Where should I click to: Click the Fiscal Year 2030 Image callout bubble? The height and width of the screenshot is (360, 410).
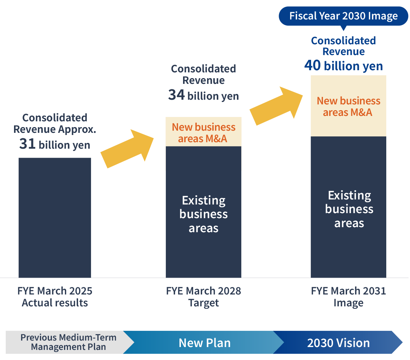pyautogui.click(x=343, y=16)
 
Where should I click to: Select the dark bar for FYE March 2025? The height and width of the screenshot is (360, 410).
pyautogui.click(x=55, y=217)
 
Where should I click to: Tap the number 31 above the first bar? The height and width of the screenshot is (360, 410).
pyautogui.click(x=27, y=144)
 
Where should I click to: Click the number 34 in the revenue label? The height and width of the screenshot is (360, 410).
pyautogui.click(x=176, y=95)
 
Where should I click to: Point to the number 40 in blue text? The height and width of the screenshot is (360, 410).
pyautogui.click(x=313, y=65)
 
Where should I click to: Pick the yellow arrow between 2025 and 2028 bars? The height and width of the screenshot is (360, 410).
pyautogui.click(x=127, y=148)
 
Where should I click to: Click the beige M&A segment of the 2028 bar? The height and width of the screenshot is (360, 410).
pyautogui.click(x=204, y=132)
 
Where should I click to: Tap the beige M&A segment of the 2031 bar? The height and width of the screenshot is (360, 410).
pyautogui.click(x=348, y=106)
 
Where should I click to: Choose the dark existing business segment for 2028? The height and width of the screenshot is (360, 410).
pyautogui.click(x=204, y=212)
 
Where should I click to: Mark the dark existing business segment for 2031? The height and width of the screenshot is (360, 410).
pyautogui.click(x=348, y=207)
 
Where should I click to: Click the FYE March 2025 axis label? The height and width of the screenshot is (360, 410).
pyautogui.click(x=55, y=291)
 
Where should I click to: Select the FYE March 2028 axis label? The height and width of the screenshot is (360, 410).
pyautogui.click(x=204, y=291)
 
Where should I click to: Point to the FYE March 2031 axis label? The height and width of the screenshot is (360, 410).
pyautogui.click(x=348, y=291)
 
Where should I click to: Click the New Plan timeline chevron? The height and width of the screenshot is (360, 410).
pyautogui.click(x=204, y=342)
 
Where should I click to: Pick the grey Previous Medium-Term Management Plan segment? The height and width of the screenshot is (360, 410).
pyautogui.click(x=68, y=342)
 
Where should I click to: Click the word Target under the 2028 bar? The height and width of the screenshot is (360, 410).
pyautogui.click(x=204, y=303)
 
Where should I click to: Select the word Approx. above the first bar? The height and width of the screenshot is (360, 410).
pyautogui.click(x=77, y=130)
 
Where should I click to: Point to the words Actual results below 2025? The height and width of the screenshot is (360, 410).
pyautogui.click(x=55, y=303)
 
